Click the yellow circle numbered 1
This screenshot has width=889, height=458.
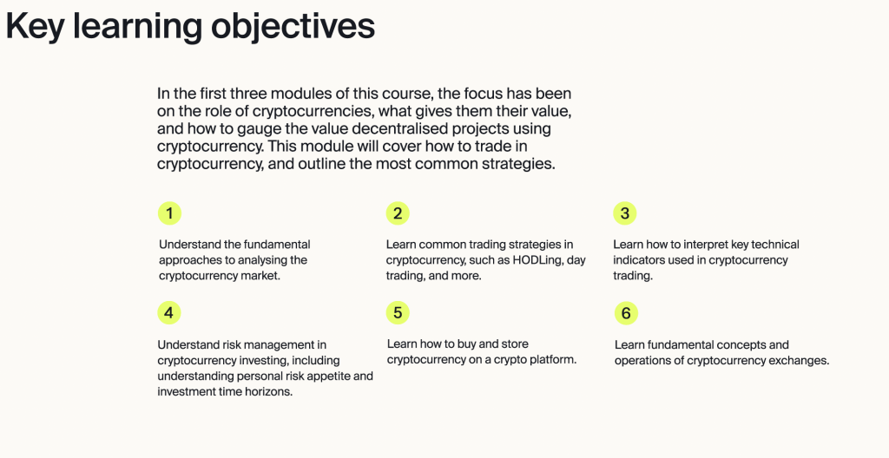[x=169, y=213]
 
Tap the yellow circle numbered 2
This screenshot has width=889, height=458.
[x=398, y=213]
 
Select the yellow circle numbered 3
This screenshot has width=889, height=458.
[x=625, y=213]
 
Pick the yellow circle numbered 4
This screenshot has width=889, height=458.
[x=169, y=313]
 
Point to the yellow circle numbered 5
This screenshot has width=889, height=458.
[x=398, y=313]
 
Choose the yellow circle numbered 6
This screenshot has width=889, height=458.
[x=626, y=313]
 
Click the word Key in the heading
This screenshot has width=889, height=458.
[x=35, y=26]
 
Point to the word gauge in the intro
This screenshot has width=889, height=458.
[x=251, y=129]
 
